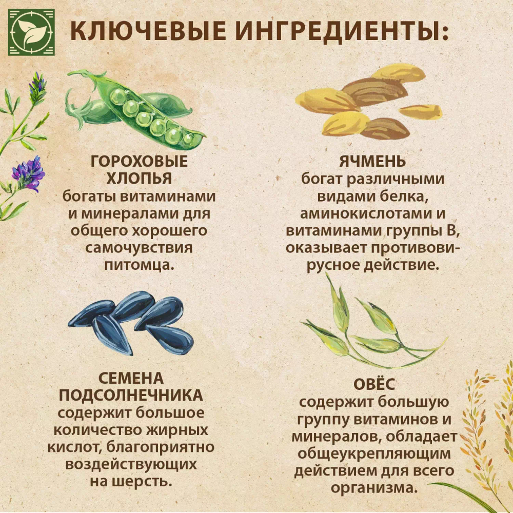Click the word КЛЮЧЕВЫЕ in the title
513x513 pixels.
[x=149, y=32]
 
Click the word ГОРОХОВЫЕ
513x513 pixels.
[x=139, y=162]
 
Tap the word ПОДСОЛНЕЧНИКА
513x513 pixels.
[x=131, y=396]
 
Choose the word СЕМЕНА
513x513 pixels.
[x=131, y=379]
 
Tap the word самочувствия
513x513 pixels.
[x=139, y=248]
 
